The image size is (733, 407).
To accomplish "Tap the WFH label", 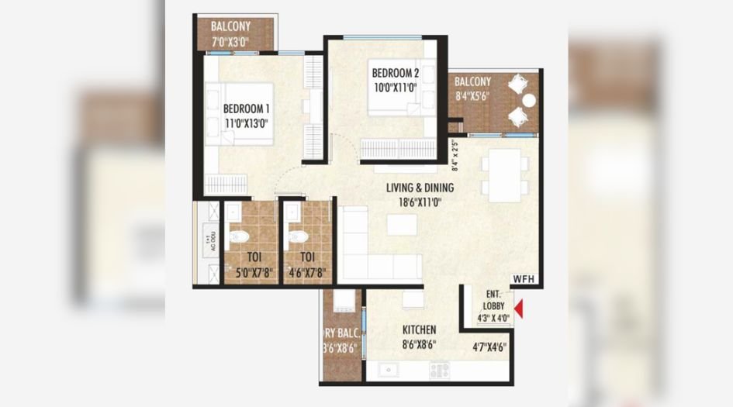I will coord(524,279).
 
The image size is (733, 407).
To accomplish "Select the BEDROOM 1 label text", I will coord(247,109).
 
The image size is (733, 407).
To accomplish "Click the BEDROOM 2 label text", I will coord(396,74).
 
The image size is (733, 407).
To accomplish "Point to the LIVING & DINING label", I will coord(420,188).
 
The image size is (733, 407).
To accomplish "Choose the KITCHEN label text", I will coord(419,329).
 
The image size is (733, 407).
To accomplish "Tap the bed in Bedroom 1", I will coord(240,113).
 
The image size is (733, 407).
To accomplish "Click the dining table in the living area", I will coord(505,175).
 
